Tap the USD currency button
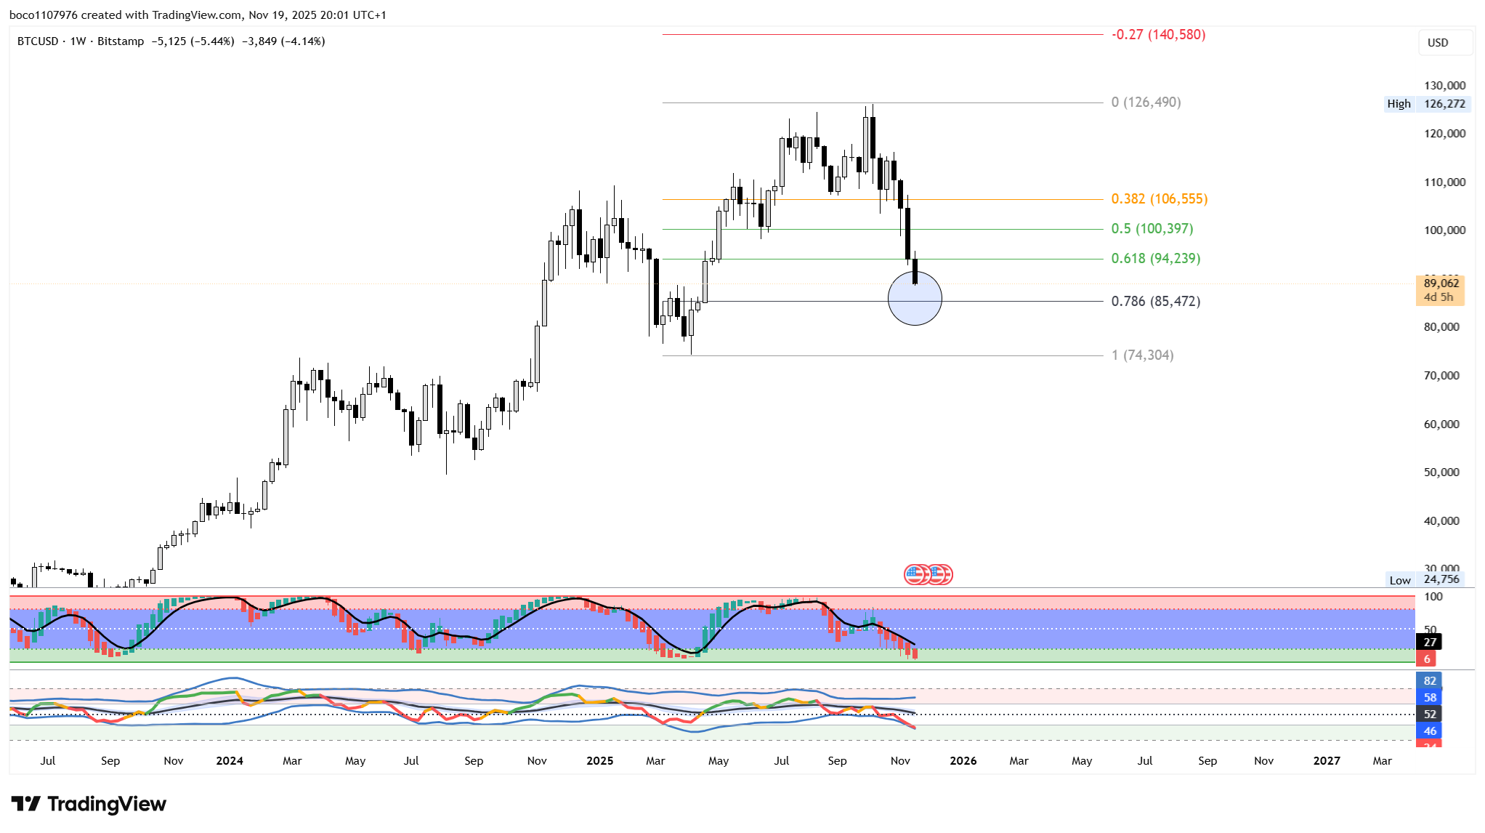(1438, 43)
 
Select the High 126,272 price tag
(1428, 104)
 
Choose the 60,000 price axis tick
(1441, 424)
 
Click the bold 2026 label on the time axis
(963, 760)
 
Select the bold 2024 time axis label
(230, 760)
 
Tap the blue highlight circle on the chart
(915, 298)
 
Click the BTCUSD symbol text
(38, 41)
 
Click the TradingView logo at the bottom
(89, 804)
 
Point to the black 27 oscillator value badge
(1430, 642)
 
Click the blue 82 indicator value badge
(1430, 681)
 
